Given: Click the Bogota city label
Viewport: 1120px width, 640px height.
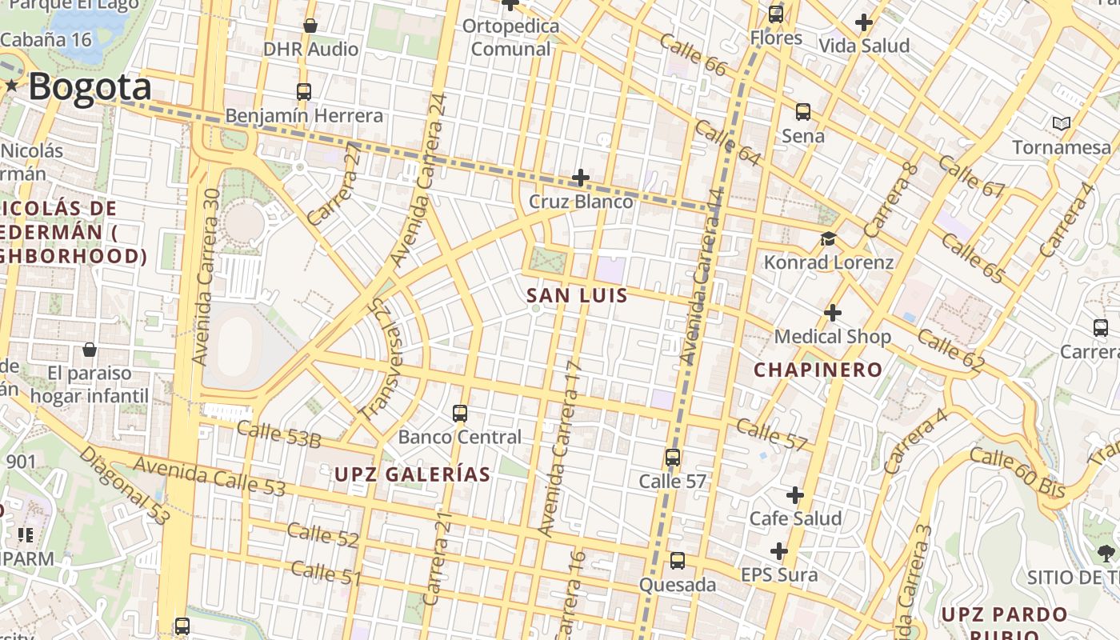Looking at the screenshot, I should click(90, 87).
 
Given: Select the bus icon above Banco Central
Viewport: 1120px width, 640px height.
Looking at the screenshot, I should click(460, 413).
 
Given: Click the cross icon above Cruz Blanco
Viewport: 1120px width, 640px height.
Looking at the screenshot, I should click(581, 177).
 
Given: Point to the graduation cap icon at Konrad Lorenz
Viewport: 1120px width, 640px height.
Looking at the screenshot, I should click(828, 238).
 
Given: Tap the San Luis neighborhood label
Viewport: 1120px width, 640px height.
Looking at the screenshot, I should click(577, 296).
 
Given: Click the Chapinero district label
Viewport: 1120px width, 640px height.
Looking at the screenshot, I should click(818, 370).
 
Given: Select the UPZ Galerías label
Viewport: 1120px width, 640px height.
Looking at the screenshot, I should click(412, 474).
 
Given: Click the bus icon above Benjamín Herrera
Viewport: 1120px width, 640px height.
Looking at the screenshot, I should click(303, 91).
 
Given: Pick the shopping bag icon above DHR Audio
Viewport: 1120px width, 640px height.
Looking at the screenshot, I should click(310, 26).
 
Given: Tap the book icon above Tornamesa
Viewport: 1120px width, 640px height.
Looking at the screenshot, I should click(1062, 123).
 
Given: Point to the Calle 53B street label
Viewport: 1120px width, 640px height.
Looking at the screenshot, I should click(278, 434).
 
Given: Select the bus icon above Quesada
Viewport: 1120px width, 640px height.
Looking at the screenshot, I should click(678, 560).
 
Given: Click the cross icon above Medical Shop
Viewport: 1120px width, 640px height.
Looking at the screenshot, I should click(833, 312).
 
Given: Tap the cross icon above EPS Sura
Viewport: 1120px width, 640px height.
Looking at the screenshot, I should click(779, 551).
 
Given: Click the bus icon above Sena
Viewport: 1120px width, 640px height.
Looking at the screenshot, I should click(803, 112).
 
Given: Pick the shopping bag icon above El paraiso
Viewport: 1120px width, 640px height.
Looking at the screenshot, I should click(90, 350).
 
